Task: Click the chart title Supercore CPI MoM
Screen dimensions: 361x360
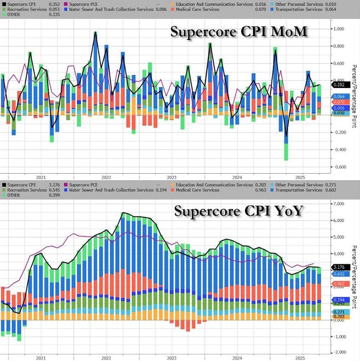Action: coord(239,32)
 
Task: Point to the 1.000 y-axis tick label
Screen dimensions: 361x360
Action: coord(341,29)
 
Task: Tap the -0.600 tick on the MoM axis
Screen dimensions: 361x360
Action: coord(341,167)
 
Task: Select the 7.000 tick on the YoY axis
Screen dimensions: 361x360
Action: coord(341,203)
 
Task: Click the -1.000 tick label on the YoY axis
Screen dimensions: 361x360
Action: coord(341,338)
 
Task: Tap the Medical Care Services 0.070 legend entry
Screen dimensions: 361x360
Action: coord(218,9)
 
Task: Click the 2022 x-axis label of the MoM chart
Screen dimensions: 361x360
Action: coord(106,177)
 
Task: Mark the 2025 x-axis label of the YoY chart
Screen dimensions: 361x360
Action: coord(301,358)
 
